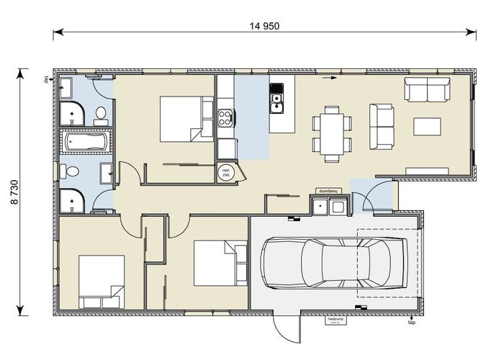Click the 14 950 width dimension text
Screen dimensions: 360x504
click(264, 27)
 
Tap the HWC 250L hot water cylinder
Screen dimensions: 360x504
click(225, 172)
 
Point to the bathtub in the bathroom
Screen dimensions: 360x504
click(86, 141)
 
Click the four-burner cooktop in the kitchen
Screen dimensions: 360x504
click(225, 115)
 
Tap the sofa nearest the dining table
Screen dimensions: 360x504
click(381, 127)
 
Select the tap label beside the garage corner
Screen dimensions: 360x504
click(411, 323)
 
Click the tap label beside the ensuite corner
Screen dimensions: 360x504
click(44, 80)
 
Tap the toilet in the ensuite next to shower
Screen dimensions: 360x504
click(100, 112)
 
